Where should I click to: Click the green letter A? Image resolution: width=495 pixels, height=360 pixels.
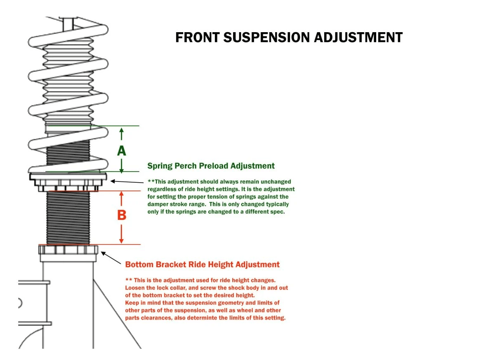coord(121,151)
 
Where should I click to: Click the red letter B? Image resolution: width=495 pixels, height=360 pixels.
coord(122,215)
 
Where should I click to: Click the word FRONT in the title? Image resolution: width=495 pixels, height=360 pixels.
coord(198,38)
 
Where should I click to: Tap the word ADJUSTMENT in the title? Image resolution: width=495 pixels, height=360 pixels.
coord(358,38)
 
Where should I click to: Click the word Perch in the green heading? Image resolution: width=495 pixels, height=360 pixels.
coord(186,166)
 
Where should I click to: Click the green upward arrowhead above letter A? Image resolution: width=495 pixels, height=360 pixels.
coord(121,131)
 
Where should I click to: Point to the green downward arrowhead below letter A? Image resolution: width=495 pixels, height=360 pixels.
coord(121,169)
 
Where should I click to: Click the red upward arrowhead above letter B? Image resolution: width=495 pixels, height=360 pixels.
coord(121,194)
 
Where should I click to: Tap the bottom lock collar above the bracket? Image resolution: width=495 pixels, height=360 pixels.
coord(68,249)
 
